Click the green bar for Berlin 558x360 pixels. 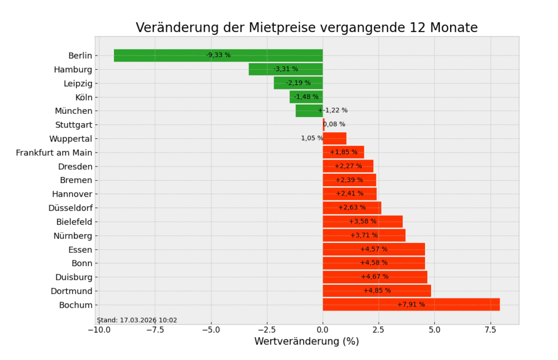163,56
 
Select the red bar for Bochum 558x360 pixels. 360,304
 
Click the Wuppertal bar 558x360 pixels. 335,138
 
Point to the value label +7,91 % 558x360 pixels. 411,304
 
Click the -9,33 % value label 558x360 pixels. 218,55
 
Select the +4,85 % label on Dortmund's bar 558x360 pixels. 377,290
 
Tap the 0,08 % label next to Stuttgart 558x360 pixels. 335,124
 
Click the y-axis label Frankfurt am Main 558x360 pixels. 54,152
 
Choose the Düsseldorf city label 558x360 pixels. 70,208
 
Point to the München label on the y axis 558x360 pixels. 74,111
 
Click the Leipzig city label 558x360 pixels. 78,83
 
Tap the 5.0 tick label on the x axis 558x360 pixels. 434,330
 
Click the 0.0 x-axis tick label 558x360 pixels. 323,330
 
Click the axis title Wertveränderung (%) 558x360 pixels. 306,341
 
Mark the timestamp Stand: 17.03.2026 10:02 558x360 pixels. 137,320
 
